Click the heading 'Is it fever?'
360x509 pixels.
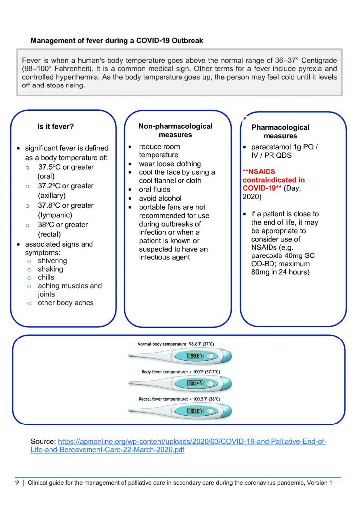click(x=56, y=127)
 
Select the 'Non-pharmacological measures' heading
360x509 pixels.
click(x=176, y=130)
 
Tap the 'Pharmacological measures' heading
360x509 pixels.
click(x=280, y=131)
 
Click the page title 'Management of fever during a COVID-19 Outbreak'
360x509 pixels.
click(x=117, y=40)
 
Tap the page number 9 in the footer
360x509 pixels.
click(x=17, y=483)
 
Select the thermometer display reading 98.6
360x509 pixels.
click(x=194, y=356)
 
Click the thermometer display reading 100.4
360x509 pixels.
click(x=194, y=383)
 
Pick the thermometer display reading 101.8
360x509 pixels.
click(x=194, y=411)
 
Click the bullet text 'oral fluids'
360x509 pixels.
click(x=155, y=189)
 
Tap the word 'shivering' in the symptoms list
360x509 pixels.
click(x=52, y=261)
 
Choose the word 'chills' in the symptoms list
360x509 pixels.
click(x=46, y=277)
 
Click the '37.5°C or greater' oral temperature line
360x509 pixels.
click(x=66, y=167)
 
